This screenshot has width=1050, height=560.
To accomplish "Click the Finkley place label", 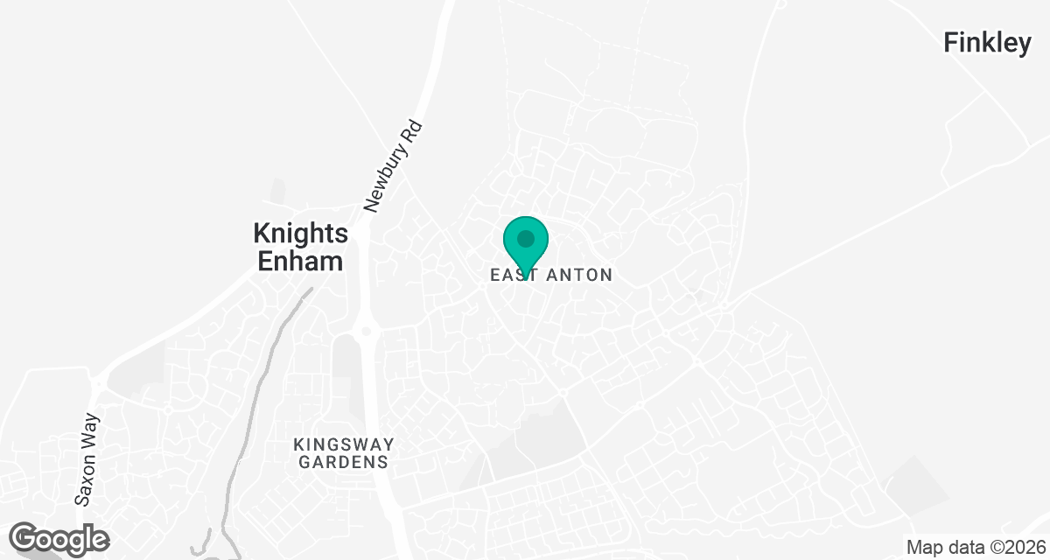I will click(987, 43).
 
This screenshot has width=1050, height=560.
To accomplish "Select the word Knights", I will click(300, 234).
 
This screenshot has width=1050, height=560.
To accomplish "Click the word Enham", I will click(300, 261).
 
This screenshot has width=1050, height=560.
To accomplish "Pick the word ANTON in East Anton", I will click(579, 276).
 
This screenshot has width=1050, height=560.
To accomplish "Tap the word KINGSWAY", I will click(344, 444).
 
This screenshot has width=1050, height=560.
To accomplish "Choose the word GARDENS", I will click(344, 462).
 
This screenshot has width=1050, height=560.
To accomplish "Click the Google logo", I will click(59, 539).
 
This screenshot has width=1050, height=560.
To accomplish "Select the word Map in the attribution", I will click(924, 548).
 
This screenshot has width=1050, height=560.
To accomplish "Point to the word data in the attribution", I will click(963, 548).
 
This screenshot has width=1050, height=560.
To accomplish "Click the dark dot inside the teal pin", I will click(526, 238).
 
